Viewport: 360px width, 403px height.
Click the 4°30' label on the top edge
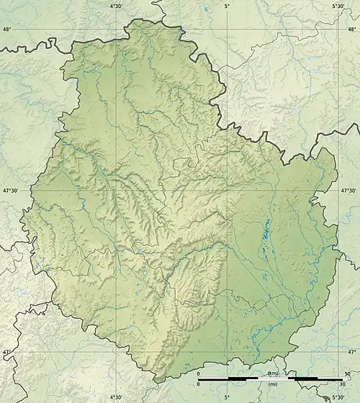tap(115, 6)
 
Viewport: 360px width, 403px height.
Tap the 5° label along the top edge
tap(227, 6)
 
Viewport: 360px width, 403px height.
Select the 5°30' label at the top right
tap(338, 6)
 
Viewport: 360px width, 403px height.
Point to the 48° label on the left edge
tap(6, 30)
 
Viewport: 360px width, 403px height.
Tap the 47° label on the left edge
tap(6, 352)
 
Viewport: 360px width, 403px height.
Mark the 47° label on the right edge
tap(353, 352)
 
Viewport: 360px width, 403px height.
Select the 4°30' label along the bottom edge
tap(115, 397)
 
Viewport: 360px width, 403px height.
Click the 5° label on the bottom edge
tap(227, 397)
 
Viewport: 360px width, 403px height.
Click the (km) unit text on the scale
tap(273, 374)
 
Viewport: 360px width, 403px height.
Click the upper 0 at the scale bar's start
tap(199, 374)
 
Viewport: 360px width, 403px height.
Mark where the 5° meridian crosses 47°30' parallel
tap(227, 191)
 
